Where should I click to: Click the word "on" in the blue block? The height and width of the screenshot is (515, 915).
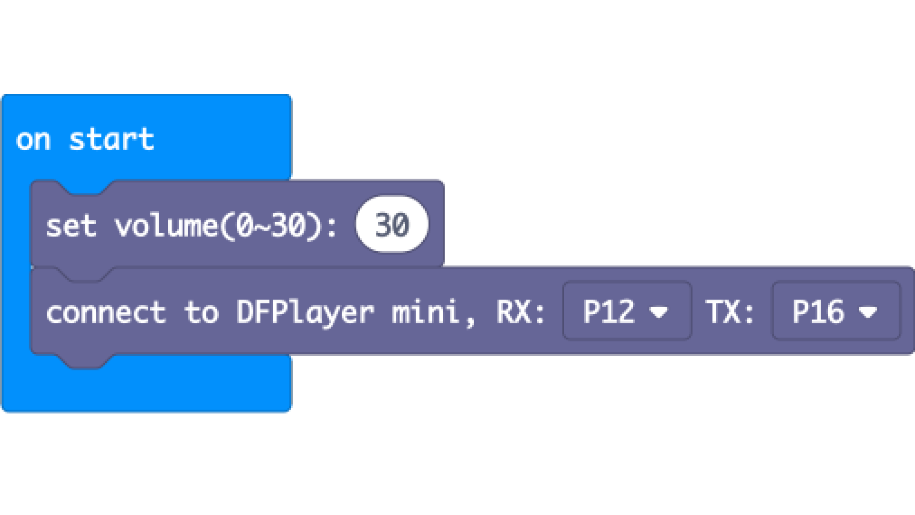click(33, 140)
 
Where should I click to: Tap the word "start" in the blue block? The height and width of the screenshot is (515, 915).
click(112, 139)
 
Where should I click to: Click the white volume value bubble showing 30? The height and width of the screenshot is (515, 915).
click(392, 225)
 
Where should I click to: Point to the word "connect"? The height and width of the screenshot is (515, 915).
click(106, 313)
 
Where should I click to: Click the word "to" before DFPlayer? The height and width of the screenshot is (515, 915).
click(201, 313)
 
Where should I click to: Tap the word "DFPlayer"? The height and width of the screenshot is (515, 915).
click(305, 313)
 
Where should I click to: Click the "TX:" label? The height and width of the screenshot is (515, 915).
click(730, 312)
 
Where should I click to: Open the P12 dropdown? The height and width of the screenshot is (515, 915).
click(627, 311)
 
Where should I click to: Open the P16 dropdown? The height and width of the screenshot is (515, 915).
click(836, 311)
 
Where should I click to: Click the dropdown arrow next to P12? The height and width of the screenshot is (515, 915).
click(659, 312)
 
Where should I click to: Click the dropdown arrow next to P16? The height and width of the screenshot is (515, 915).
click(867, 312)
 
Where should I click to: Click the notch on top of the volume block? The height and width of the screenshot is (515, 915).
click(86, 188)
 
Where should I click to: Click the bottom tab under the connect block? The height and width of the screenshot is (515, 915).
click(86, 361)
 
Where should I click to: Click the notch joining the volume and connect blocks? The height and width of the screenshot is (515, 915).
click(86, 274)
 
